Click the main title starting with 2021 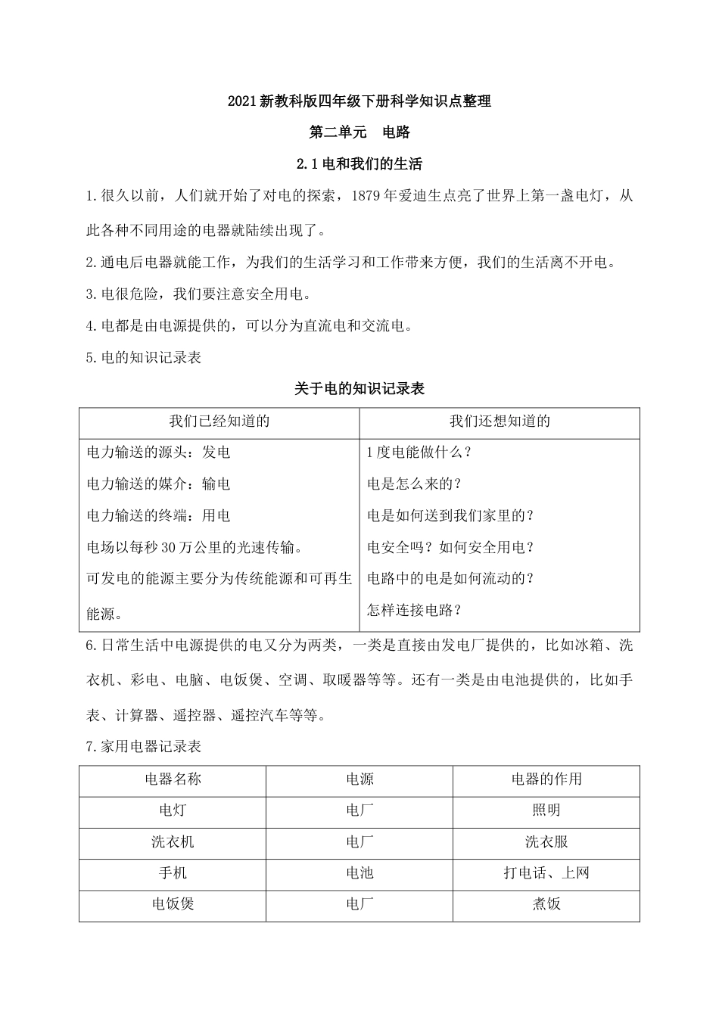coord(359,101)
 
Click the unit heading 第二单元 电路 coord(359,132)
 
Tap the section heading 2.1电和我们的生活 coord(359,163)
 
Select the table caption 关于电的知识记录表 coord(359,389)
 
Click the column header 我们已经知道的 coord(219,421)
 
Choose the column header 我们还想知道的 coord(500,421)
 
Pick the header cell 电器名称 coord(173,779)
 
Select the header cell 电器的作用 coord(546,779)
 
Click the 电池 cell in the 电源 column coord(359,872)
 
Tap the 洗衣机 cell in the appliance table coord(173,841)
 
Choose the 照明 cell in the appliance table coord(546,810)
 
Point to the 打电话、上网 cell coord(546,872)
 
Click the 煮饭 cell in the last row coord(546,903)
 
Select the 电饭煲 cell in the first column coord(173,903)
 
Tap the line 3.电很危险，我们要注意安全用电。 coord(198,294)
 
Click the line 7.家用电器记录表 coord(144,747)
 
